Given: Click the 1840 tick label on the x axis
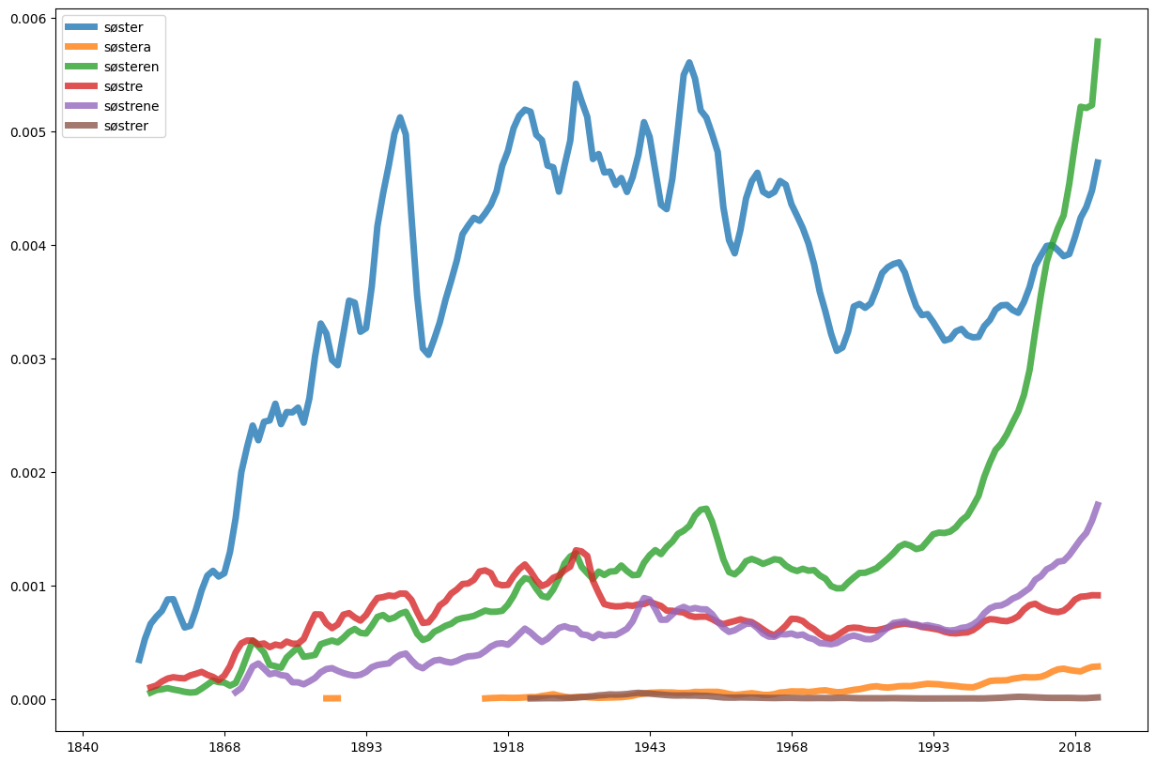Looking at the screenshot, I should [84, 746].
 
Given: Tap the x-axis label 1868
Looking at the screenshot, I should [224, 746].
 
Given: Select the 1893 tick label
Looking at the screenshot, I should [366, 746].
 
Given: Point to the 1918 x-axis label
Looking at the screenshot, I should [508, 746].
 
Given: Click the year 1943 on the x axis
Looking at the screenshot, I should [650, 746].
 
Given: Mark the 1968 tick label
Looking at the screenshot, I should [792, 746].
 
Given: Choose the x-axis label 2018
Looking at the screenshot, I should [1074, 746].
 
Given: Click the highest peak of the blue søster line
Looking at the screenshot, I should [689, 63].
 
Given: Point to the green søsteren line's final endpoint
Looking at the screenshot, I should [1098, 40].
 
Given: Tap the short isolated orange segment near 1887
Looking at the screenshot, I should [331, 698].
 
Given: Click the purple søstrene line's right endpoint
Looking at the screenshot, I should [1098, 504].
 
